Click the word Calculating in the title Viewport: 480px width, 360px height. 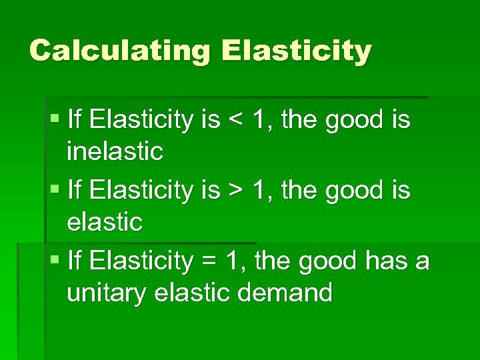coord(120,51)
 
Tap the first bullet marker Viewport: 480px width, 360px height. coord(54,120)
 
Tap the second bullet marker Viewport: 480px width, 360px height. coord(54,191)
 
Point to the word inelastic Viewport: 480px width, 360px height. coord(115,151)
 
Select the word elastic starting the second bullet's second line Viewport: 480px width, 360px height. coord(105,222)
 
